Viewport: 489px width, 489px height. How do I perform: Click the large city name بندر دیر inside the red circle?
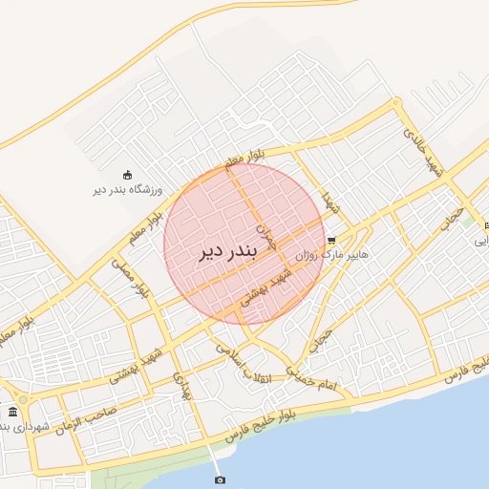229,251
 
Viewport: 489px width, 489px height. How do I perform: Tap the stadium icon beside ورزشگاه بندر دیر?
127,174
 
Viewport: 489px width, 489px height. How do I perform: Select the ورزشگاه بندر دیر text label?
127,189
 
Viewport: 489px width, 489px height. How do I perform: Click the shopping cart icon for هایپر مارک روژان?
331,241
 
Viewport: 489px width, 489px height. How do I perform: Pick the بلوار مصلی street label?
131,277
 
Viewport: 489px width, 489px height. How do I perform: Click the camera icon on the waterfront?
220,479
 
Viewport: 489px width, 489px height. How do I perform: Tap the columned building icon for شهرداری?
12,412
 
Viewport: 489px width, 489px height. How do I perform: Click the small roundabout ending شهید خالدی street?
395,101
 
